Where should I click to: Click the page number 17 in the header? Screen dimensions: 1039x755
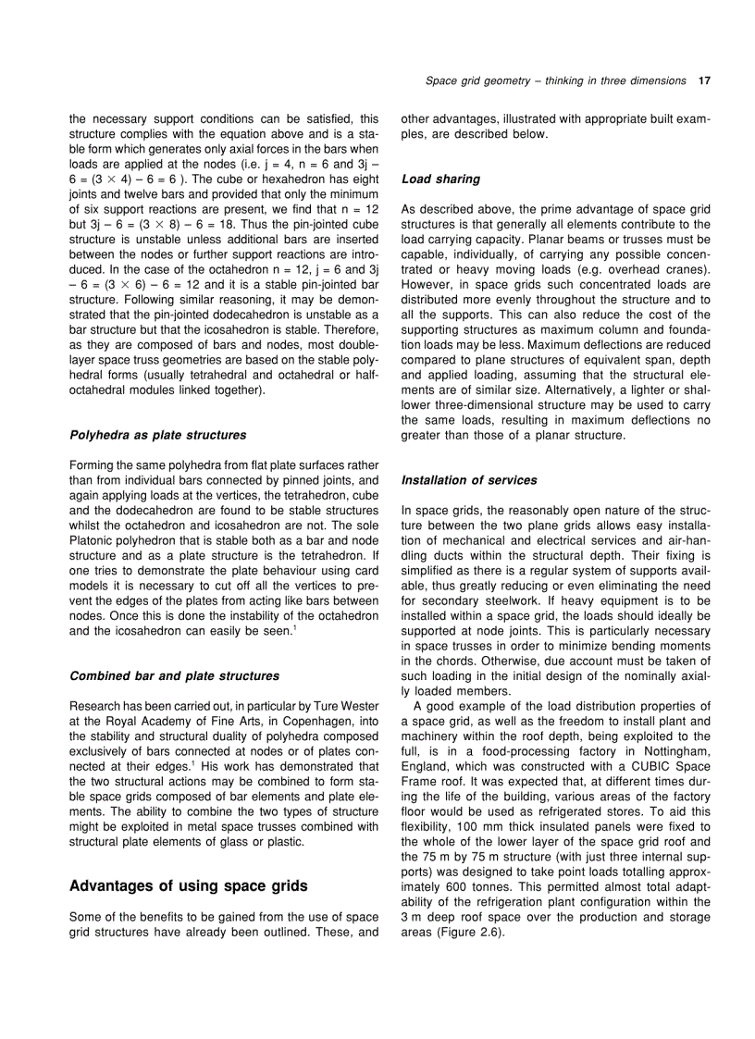click(x=704, y=81)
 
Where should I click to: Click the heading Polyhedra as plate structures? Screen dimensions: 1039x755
click(x=158, y=435)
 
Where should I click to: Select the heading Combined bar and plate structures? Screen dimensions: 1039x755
click(x=174, y=675)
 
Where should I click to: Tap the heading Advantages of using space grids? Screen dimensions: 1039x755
click(x=189, y=886)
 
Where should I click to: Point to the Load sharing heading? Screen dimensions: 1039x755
click(x=440, y=179)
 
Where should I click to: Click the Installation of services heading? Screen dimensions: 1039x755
click(x=469, y=480)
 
